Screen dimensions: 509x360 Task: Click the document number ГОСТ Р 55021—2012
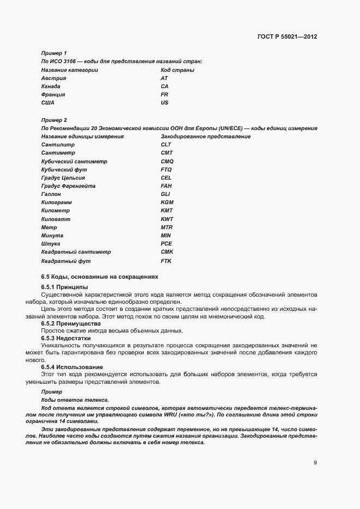(287, 37)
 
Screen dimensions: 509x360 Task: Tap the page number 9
(315, 463)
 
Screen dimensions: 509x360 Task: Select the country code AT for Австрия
(164, 78)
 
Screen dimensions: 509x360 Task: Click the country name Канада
(51, 87)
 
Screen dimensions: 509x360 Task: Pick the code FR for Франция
(164, 95)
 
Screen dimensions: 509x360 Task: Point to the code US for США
(164, 103)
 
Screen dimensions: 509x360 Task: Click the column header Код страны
(178, 70)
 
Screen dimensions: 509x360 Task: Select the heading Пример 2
(54, 120)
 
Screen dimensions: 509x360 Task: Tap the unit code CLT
(166, 145)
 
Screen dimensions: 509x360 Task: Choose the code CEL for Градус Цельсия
(166, 178)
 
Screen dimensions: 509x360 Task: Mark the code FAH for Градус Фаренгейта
(166, 186)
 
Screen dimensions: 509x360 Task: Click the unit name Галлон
(51, 194)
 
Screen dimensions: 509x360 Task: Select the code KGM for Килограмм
(167, 203)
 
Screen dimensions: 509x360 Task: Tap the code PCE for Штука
(166, 244)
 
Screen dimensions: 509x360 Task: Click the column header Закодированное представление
(205, 137)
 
